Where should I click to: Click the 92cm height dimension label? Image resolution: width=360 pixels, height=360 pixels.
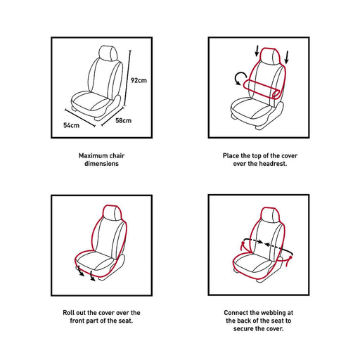tap(139, 80)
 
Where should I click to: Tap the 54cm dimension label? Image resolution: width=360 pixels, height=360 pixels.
tap(71, 125)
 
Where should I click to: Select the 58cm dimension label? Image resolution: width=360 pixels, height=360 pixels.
tap(124, 121)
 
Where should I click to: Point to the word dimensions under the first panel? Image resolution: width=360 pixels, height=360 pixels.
tap(101, 164)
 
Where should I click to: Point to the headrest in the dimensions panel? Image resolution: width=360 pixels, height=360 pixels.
tap(108, 53)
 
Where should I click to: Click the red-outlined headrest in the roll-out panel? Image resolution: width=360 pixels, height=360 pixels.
tap(112, 213)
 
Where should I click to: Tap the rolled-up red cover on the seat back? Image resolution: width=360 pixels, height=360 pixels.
tap(262, 89)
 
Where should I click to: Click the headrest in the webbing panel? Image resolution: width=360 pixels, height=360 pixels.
tap(271, 215)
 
